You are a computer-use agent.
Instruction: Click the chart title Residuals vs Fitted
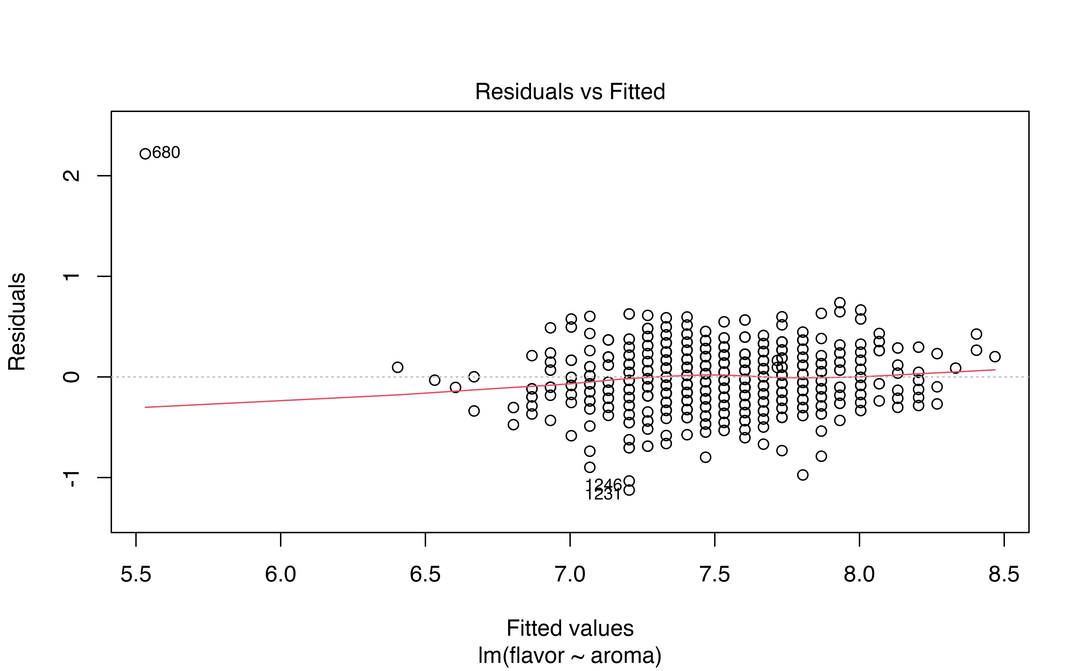point(570,92)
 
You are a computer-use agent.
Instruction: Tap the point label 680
point(166,153)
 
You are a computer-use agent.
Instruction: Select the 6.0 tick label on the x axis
point(281,574)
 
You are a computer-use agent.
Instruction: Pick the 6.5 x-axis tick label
point(425,574)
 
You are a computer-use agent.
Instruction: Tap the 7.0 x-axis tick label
point(570,574)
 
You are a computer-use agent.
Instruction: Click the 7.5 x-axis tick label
point(714,574)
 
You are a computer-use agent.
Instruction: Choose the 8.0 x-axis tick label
point(859,574)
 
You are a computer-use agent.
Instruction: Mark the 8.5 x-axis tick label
point(1004,574)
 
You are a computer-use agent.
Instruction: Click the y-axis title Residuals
point(17,322)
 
